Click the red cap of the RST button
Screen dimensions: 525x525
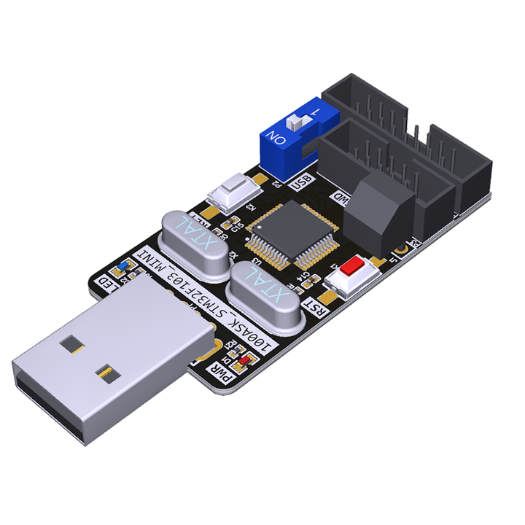coord(353,265)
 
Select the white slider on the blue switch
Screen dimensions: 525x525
coord(297,120)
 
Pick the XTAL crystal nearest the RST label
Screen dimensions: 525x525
coord(263,292)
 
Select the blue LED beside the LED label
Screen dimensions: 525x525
coord(125,263)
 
